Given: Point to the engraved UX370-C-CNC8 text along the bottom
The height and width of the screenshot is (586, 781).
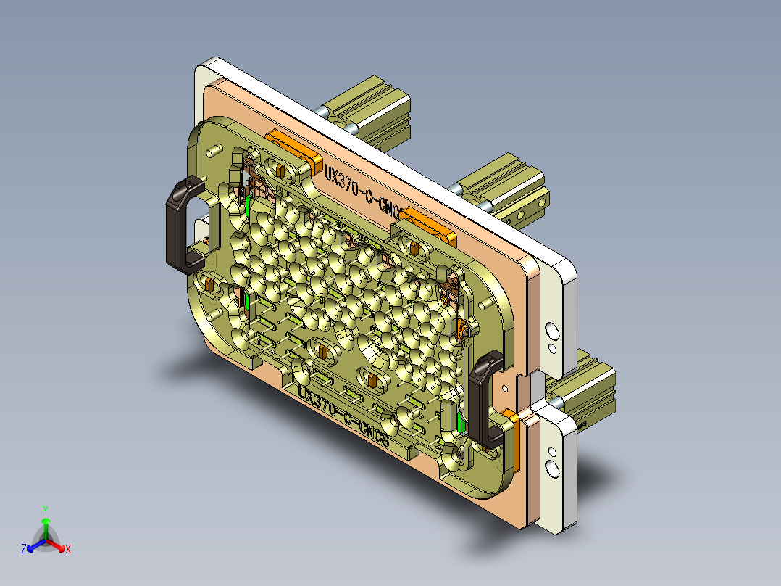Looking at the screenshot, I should coord(343,418).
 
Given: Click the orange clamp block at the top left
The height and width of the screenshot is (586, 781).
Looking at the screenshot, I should coord(293,149).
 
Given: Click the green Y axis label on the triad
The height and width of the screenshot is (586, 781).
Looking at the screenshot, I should coord(45,510).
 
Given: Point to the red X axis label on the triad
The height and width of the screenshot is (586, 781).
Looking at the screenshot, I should coord(68,549).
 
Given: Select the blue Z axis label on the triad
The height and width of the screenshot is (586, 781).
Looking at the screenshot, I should coord(24,549).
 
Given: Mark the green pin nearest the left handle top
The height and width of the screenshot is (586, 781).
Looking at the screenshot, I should coord(248,205).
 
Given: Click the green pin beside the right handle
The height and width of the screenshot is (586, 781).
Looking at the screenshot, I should coord(461,420).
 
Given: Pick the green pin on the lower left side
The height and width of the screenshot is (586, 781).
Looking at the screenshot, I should coord(248,300).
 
